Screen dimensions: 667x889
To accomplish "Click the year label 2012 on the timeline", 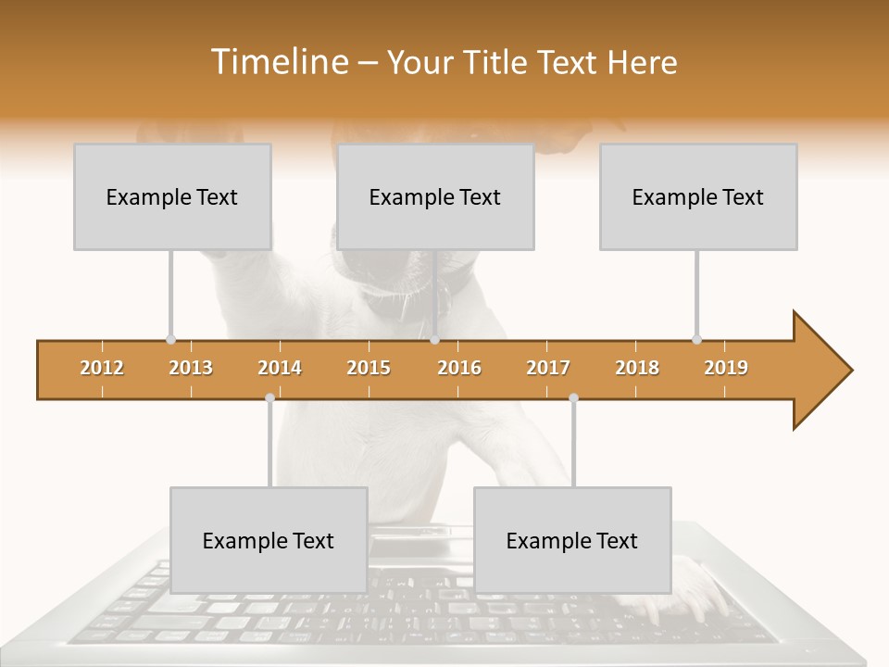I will tap(102, 368).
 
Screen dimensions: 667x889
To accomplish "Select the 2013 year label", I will tap(191, 368).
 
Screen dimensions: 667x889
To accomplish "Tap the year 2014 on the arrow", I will tap(280, 368).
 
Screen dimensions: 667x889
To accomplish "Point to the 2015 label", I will tap(369, 368).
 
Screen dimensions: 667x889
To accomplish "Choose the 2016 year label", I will tap(459, 368).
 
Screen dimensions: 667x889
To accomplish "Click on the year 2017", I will tap(548, 368).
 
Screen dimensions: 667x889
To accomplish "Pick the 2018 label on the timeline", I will tap(637, 368).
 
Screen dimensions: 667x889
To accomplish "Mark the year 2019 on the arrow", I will tap(726, 368).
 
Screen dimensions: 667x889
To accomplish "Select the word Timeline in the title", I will tap(279, 62).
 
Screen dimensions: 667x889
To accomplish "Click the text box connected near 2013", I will tap(172, 196).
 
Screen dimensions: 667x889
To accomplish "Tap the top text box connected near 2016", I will tap(435, 196).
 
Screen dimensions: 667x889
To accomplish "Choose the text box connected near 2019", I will tap(698, 196).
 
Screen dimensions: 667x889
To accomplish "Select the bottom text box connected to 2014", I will tap(269, 540).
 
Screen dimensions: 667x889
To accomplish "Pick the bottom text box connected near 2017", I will tap(572, 540).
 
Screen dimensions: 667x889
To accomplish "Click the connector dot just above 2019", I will tap(696, 339).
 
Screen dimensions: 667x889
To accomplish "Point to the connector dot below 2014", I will tap(269, 397).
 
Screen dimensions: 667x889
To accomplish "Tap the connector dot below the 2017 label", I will tap(573, 397).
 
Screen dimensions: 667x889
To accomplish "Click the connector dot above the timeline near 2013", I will tap(170, 339).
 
